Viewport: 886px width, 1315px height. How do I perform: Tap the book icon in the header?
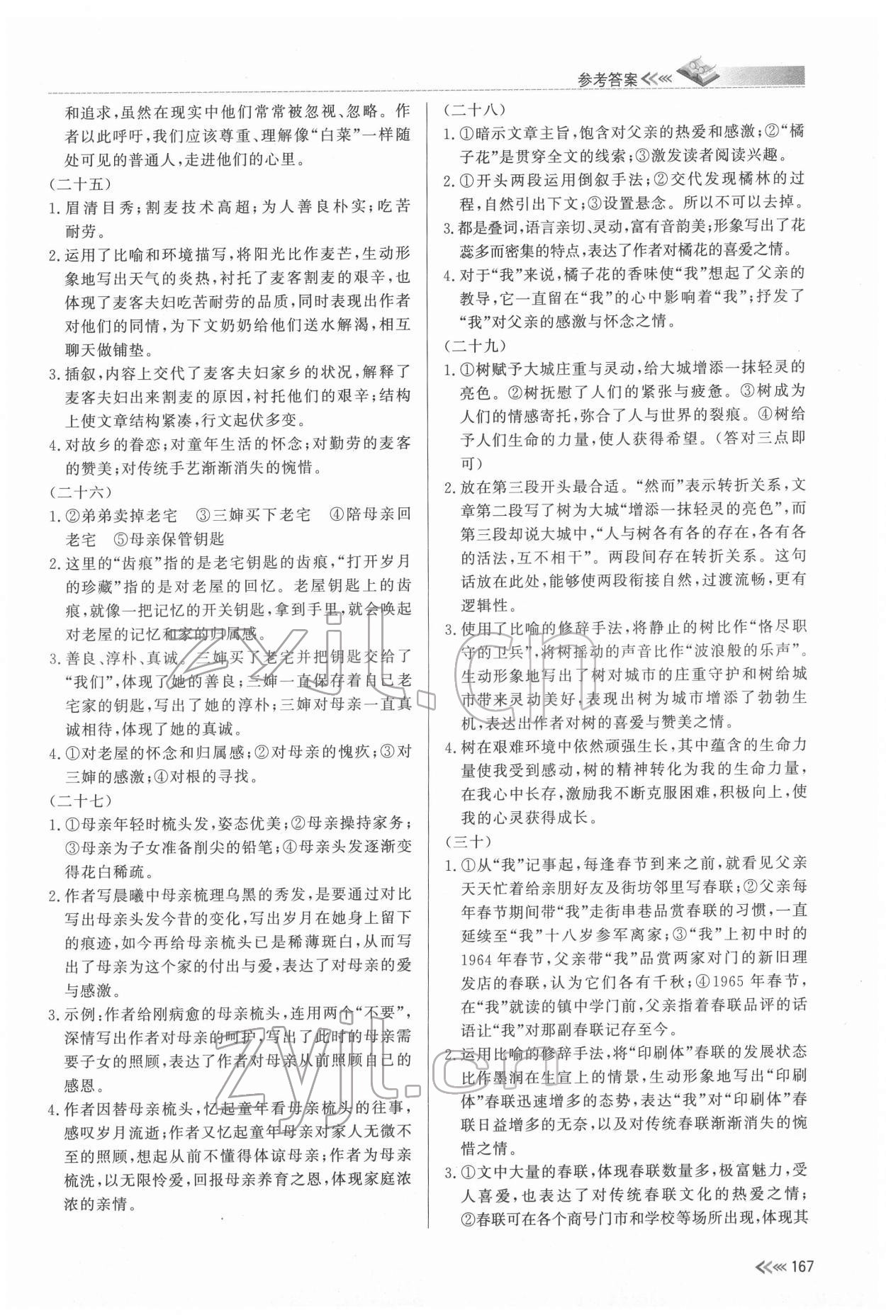tap(698, 70)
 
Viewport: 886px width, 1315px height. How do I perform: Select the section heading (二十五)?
tap(82, 184)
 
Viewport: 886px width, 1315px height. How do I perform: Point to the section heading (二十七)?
tap(82, 798)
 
